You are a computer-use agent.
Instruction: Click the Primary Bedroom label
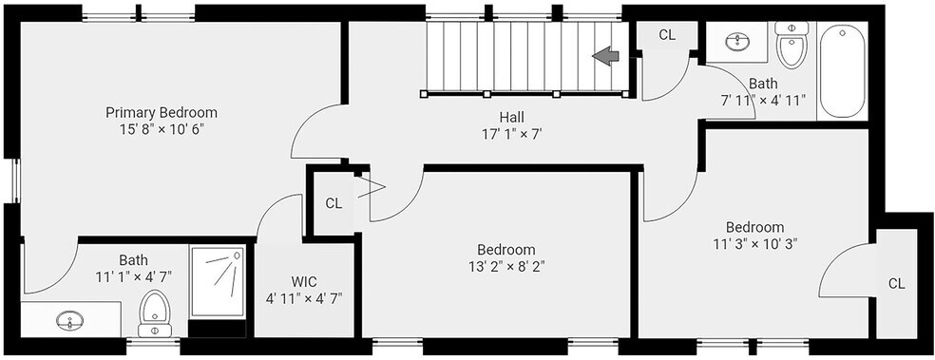point(161,112)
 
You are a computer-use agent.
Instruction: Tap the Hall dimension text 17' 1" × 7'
point(511,134)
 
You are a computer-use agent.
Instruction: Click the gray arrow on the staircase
point(605,56)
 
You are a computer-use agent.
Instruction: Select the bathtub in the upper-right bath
point(842,71)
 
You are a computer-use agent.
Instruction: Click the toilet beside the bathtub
point(792,45)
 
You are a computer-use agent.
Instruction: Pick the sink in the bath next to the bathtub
point(739,41)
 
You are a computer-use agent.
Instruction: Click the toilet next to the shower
point(155,313)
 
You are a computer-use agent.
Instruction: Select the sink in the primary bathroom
point(69,320)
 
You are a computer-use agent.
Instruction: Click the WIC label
point(304,281)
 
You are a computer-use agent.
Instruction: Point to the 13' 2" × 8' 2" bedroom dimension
point(506,266)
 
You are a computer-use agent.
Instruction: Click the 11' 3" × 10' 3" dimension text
point(754,243)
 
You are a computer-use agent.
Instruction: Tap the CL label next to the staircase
point(667,35)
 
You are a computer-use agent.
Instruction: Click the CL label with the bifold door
point(334,203)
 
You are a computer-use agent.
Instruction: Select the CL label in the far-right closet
point(896,284)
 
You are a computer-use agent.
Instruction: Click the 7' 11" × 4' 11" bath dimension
point(763,99)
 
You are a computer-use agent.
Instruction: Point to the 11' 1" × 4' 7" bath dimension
point(134,276)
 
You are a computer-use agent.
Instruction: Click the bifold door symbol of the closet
point(371,186)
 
